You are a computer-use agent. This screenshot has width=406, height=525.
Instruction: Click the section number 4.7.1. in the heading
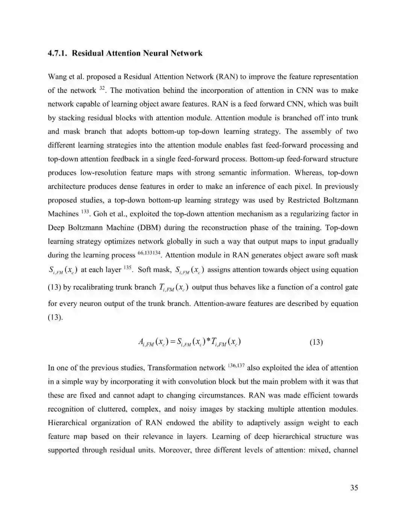tap(58, 53)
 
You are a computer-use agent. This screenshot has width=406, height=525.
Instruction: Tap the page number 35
tap(354, 488)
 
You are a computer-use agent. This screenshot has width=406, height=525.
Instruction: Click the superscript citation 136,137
tap(236, 366)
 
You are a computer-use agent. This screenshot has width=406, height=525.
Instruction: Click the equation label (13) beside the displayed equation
tap(316, 342)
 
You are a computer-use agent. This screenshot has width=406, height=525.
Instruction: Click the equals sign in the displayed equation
tap(171, 342)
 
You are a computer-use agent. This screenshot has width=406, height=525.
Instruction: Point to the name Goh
tap(100, 214)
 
